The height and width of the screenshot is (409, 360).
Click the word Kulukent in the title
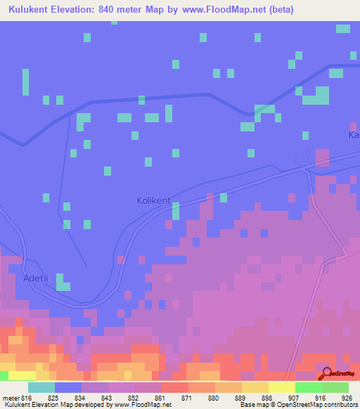pos(34,10)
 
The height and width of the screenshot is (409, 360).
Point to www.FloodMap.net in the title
pos(224,10)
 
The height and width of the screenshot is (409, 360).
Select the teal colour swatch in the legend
pos(41,387)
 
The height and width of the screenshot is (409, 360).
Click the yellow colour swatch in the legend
pos(281,387)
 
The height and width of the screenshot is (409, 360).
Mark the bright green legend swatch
pos(308,387)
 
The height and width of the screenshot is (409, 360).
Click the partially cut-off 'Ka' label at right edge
pos(354,134)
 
